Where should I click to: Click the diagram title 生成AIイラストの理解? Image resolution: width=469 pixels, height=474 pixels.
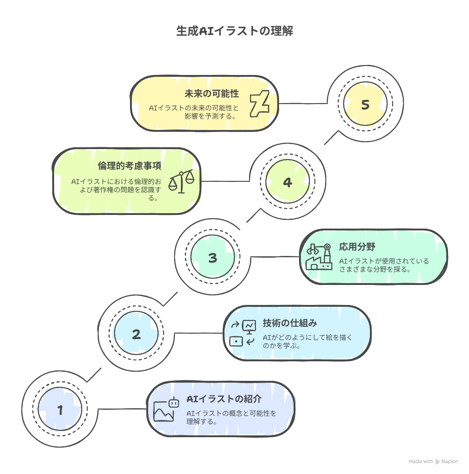[234, 31]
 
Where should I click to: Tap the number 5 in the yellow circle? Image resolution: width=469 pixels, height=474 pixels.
[365, 105]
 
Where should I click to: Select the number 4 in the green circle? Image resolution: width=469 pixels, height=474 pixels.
[288, 182]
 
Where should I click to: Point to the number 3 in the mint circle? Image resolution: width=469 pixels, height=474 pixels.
[213, 258]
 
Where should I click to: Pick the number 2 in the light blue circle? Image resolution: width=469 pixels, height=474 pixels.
[136, 334]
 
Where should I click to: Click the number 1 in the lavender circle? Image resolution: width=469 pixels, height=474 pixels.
[60, 410]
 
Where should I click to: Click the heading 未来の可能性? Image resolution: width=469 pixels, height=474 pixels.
[212, 94]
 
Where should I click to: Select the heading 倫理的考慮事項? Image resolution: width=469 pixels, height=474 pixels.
[130, 166]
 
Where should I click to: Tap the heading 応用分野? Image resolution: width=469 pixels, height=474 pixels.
[357, 247]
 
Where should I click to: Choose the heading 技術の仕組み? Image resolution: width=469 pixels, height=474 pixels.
[289, 323]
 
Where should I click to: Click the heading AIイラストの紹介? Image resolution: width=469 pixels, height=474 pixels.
[224, 399]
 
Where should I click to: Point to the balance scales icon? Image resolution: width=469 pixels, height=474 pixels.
[181, 181]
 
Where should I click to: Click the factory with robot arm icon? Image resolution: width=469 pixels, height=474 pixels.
[319, 257]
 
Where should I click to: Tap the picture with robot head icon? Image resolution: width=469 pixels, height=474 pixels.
[166, 409]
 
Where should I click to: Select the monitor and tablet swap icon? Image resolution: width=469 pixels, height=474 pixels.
[243, 333]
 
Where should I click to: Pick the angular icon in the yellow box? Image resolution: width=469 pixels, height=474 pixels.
[259, 104]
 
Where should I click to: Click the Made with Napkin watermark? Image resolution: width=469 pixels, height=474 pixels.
[433, 461]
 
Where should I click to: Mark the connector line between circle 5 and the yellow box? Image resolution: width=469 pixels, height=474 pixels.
[303, 103]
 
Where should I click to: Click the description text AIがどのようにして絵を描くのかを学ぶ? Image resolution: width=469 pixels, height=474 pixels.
[307, 341]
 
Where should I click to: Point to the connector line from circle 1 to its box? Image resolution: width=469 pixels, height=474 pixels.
[122, 409]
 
